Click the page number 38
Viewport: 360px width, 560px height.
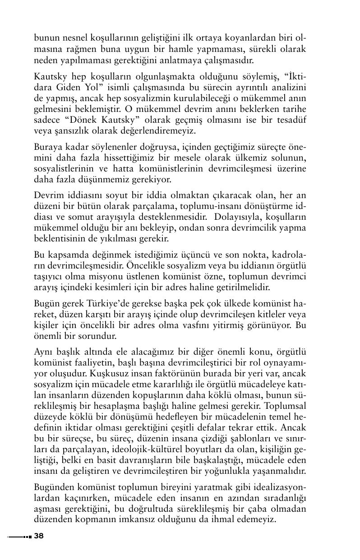pos(39,536)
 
